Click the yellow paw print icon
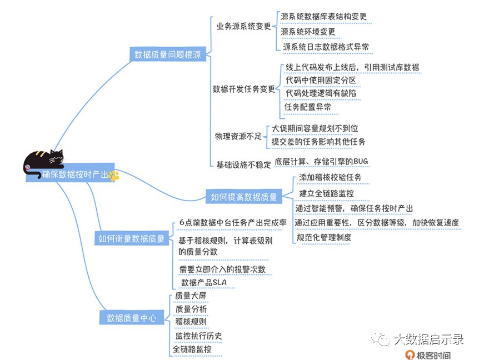[114, 176]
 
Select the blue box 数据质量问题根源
[168, 54]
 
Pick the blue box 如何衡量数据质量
[132, 238]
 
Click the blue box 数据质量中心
[131, 318]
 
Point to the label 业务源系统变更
[243, 26]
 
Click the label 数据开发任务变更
[244, 89]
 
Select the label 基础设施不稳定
[243, 164]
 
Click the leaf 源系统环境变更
[308, 32]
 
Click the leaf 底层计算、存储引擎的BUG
[321, 162]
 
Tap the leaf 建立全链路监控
[326, 193]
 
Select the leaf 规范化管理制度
[324, 237]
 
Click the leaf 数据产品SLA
[204, 282]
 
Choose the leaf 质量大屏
[191, 296]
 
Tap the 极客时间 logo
[427, 354]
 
